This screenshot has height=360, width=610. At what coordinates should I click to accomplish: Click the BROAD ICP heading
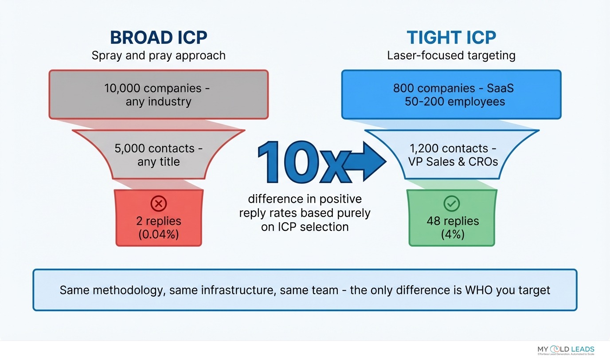(158, 38)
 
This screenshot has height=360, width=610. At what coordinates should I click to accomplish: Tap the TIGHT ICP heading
(451, 38)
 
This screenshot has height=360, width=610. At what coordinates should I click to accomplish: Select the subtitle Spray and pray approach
(158, 55)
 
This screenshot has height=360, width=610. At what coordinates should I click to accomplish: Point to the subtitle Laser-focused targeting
(451, 55)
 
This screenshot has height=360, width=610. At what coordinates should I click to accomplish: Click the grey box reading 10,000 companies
(158, 94)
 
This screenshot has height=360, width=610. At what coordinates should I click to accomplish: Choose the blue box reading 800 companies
(451, 94)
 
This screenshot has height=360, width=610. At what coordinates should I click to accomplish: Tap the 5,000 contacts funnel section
(158, 155)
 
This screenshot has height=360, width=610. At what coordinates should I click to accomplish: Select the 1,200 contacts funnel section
(451, 155)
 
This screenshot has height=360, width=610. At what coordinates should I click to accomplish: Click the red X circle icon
(158, 204)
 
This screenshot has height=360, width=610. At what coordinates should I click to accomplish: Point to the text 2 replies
(158, 221)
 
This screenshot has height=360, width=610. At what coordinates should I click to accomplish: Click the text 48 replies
(453, 221)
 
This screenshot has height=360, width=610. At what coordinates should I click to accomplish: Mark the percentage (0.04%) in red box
(158, 234)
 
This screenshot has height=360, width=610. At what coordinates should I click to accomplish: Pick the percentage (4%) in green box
(453, 234)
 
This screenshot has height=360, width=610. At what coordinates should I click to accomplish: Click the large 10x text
(301, 162)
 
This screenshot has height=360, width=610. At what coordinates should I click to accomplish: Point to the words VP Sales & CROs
(453, 161)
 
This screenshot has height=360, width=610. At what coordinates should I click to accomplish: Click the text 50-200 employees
(454, 102)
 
